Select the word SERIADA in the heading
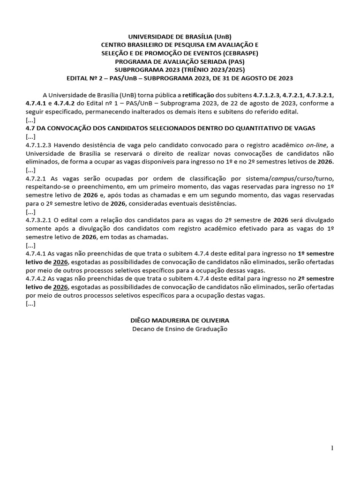[202, 61]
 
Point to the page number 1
[332, 448]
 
